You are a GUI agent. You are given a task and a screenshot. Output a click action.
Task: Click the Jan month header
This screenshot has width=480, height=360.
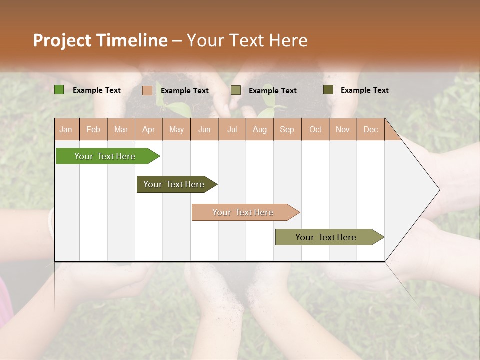tap(66, 129)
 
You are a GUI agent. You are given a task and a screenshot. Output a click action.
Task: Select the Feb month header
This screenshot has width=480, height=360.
tap(93, 129)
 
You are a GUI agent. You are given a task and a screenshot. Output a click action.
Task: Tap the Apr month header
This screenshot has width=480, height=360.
tap(148, 129)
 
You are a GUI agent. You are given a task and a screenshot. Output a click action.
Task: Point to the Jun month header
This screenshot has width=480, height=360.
tap(204, 129)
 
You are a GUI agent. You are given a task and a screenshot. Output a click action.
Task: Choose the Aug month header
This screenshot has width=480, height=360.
tap(259, 129)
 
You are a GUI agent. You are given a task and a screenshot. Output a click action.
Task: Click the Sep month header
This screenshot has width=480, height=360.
tap(287, 129)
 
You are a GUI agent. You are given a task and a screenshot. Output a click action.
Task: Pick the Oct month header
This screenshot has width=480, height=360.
tap(315, 129)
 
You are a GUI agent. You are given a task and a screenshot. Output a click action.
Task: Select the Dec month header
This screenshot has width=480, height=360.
tap(370, 129)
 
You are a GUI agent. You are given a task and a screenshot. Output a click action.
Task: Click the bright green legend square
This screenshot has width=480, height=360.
tap(59, 90)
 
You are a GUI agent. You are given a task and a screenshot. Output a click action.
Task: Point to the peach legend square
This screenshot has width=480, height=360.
tap(147, 90)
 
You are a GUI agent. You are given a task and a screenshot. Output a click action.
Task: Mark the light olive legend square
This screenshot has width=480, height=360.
tap(236, 90)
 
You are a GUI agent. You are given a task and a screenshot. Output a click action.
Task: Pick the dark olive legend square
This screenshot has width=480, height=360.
tap(328, 90)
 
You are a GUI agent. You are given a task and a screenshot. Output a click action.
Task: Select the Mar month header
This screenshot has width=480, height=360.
tap(121, 129)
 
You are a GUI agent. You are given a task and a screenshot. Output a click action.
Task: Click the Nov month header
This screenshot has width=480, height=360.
tap(343, 129)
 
